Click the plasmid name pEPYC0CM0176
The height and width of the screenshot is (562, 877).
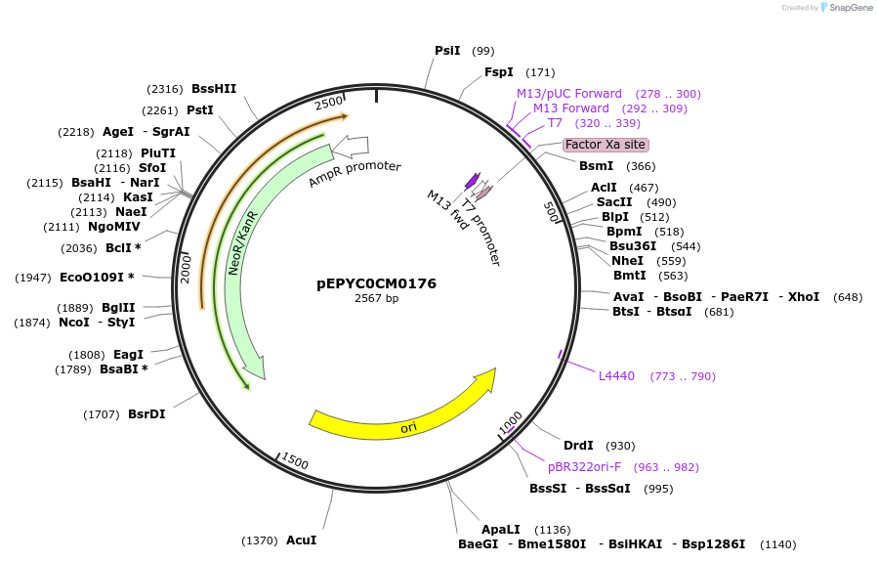[x=376, y=284]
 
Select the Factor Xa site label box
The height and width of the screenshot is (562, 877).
[x=606, y=145]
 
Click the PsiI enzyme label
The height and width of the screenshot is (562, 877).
[x=447, y=51]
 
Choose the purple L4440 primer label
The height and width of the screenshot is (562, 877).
[x=616, y=376]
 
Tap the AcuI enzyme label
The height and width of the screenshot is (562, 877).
[x=301, y=540]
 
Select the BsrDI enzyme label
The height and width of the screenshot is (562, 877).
[x=146, y=414]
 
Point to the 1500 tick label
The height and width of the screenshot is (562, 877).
[x=294, y=462]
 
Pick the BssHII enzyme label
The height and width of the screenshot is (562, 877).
[x=214, y=89]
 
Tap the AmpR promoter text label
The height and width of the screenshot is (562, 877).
[x=355, y=173]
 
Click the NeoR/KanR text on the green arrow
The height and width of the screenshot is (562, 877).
[x=242, y=242]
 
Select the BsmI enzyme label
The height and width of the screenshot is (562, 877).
[x=597, y=166]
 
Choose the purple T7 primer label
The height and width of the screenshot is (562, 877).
[x=555, y=123]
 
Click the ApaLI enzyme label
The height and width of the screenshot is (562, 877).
[x=500, y=530]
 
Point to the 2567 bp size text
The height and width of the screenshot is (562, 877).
[x=376, y=299]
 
